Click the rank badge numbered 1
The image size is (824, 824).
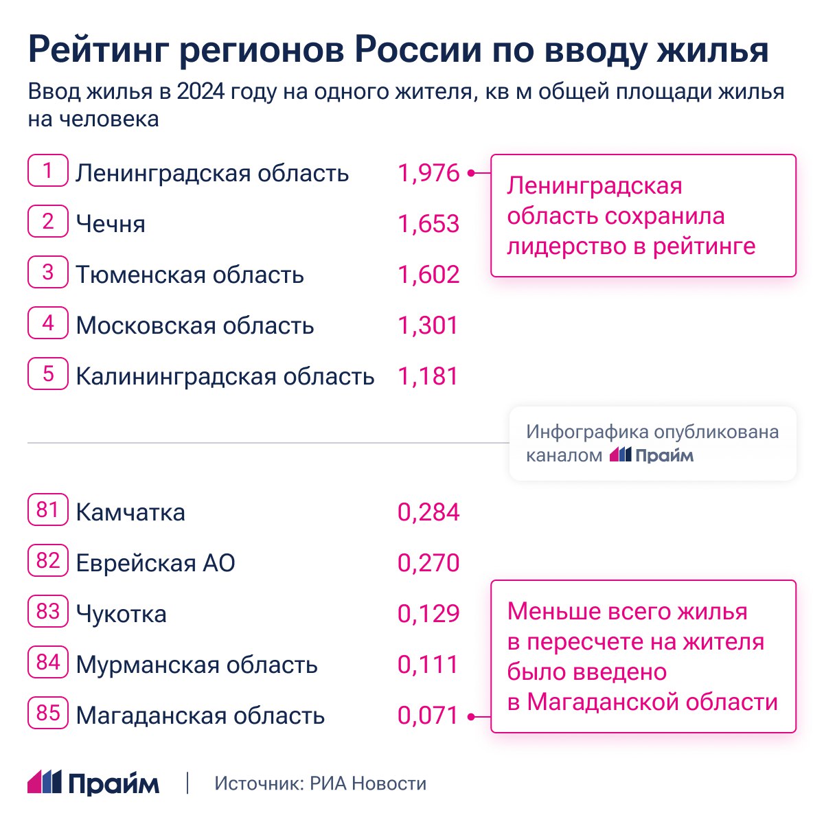pyautogui.click(x=48, y=171)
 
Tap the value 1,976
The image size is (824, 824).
pyautogui.click(x=428, y=173)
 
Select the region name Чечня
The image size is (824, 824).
pyautogui.click(x=111, y=224)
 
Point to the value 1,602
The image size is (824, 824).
pyautogui.click(x=428, y=275)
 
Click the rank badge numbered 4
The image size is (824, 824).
pyautogui.click(x=48, y=323)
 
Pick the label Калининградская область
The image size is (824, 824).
pyautogui.click(x=225, y=376)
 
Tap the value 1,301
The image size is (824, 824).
pyautogui.click(x=428, y=325)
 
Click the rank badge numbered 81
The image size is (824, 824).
pyautogui.click(x=48, y=510)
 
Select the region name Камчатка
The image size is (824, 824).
pyautogui.click(x=130, y=512)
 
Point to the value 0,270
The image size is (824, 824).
pyautogui.click(x=428, y=563)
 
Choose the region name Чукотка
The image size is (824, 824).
pyautogui.click(x=122, y=614)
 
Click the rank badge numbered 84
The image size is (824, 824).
pyautogui.click(x=48, y=663)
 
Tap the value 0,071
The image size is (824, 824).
pyautogui.click(x=428, y=716)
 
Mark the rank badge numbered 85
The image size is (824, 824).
pyautogui.click(x=48, y=713)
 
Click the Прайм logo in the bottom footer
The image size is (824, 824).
pyautogui.click(x=93, y=783)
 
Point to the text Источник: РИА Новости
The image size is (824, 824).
pyautogui.click(x=320, y=783)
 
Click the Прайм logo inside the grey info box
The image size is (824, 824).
pyautogui.click(x=652, y=455)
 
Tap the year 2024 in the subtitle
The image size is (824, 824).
pyautogui.click(x=201, y=92)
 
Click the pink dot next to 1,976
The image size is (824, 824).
pyautogui.click(x=471, y=173)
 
